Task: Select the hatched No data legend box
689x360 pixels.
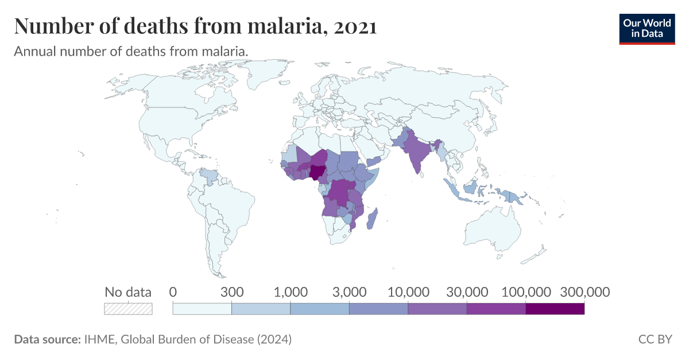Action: pos(128,308)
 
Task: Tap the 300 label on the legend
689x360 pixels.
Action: pos(232,292)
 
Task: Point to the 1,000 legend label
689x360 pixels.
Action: pos(291,292)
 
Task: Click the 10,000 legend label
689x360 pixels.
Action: pos(408,292)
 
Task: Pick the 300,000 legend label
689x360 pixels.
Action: pos(584,292)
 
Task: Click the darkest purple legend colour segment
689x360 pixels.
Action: pos(555,308)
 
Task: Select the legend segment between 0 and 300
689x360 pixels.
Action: pos(202,308)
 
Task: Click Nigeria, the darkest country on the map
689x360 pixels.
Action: pos(316,172)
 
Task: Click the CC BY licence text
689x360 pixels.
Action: pos(655,339)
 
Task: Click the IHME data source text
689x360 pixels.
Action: pos(187,339)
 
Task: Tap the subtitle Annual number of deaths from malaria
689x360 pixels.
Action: pos(131,51)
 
